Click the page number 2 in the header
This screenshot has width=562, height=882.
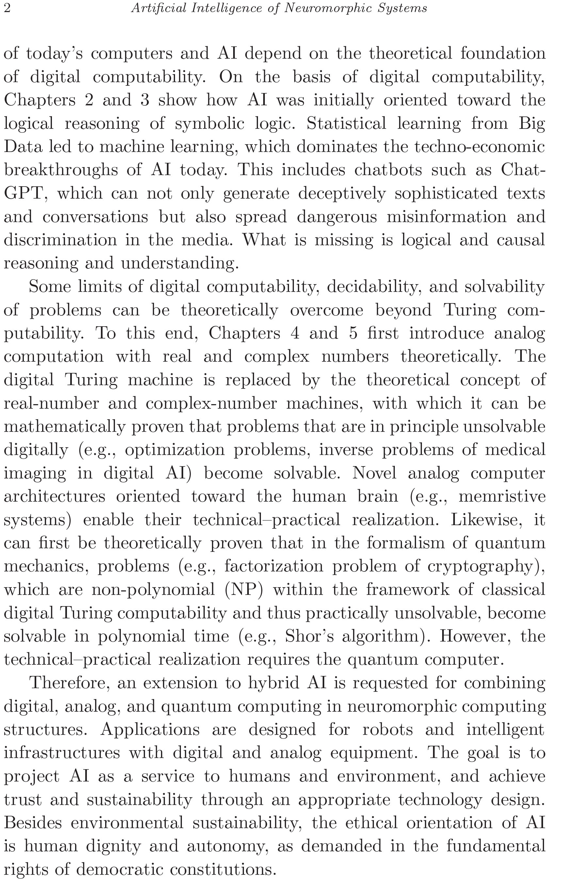point(7,8)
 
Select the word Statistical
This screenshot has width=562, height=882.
point(346,123)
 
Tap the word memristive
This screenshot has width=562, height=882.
point(502,497)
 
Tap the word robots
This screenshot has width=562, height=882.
point(387,730)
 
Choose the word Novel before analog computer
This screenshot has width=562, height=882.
point(374,473)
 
